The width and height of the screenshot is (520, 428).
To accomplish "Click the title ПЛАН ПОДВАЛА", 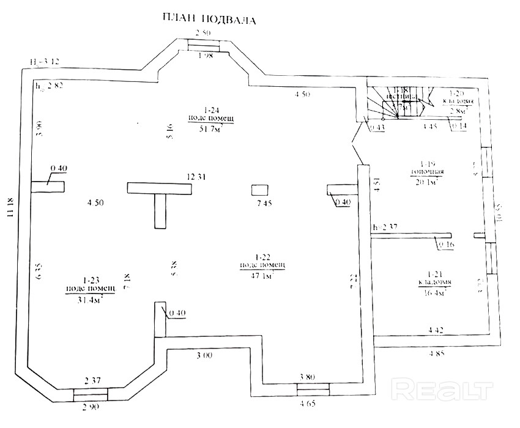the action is (209, 18).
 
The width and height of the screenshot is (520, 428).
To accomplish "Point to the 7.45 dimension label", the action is (264, 204).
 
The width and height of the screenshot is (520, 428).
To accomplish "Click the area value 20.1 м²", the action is (426, 182).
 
